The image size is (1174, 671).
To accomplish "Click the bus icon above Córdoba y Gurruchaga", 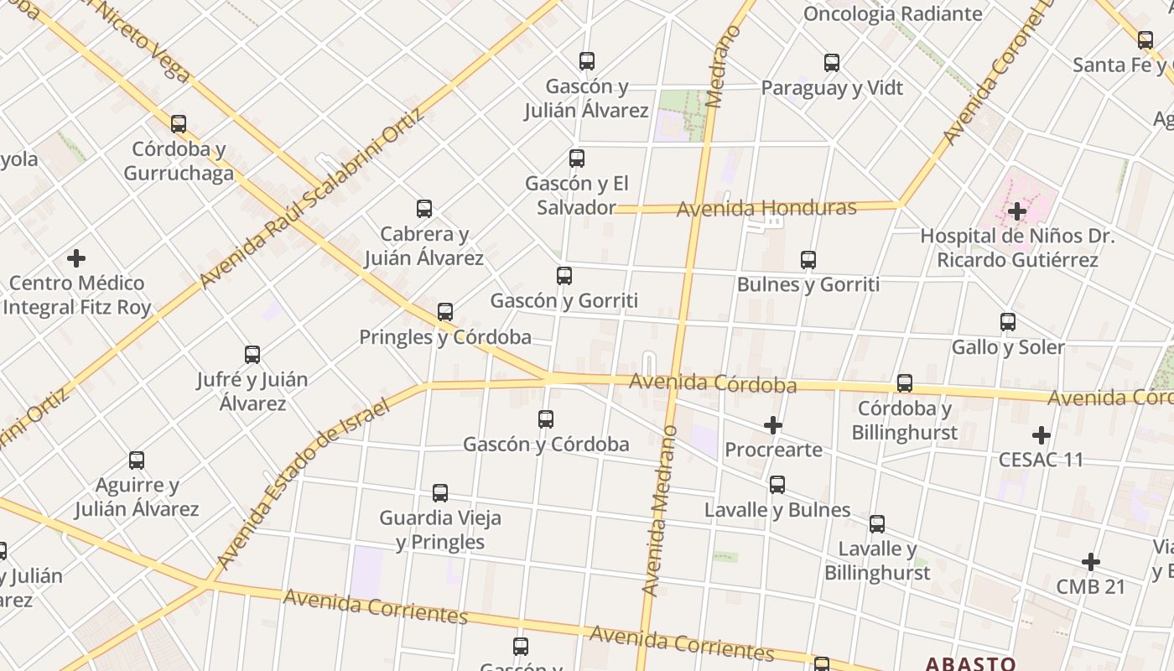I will pos(179,124).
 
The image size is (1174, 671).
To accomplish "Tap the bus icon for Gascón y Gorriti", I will pos(564,275).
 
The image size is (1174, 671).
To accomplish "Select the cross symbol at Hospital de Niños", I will pos(1017,211).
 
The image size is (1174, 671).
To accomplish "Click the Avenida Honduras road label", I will pos(766,208).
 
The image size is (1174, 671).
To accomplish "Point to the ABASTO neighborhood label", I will pos(970,663).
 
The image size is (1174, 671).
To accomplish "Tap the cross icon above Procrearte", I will pos(773,425).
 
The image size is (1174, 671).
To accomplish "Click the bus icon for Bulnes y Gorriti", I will pos(808,259).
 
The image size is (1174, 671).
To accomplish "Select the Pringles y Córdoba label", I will pos(445,337).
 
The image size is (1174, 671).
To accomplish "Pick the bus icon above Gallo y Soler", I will pos(1008,321).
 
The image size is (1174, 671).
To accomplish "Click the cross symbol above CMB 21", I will pos(1090,561).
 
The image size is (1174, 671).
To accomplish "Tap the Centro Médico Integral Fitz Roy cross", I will pos(76,257).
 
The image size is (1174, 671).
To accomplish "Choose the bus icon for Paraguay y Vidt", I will pos(832,63).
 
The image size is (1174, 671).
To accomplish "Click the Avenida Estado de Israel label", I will pos(303,484).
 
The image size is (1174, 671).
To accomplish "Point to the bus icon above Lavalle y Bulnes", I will pos(777,484).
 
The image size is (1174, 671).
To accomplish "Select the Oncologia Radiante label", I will pos(892,13).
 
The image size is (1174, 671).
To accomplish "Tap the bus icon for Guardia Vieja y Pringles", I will pos(440,492).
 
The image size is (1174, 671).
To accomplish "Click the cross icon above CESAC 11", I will pos(1041,434).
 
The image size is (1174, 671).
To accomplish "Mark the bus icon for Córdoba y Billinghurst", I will pos(904,383).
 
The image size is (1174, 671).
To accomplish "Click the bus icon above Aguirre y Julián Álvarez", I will pos(137,460).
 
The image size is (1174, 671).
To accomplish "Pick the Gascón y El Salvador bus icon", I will pos(577,158).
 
